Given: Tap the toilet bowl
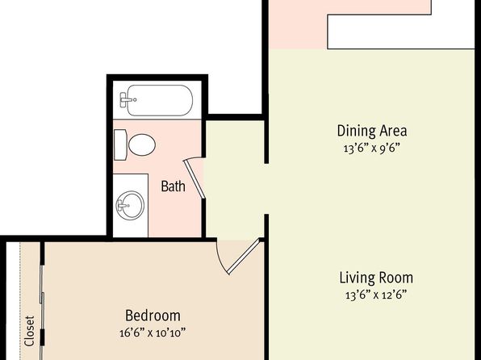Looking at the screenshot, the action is (142, 144).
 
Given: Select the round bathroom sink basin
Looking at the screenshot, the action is (130, 205).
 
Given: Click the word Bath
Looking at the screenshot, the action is (173, 186).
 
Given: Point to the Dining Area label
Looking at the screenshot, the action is (372, 131).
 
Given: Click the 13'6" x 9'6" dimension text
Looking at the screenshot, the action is (372, 149).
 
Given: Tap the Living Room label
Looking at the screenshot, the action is (376, 278).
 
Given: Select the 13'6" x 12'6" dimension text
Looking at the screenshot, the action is (376, 295).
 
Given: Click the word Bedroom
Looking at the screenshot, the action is (153, 316).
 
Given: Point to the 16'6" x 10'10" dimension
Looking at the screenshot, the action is (153, 333).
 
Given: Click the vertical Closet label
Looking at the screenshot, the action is (29, 331).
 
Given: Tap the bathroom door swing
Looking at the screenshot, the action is (194, 178).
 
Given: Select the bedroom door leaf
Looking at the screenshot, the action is (245, 257).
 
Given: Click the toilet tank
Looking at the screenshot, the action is (120, 144).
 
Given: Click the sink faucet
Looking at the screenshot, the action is (123, 205).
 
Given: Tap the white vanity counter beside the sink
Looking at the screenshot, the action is (131, 182).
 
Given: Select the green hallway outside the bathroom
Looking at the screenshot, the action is (234, 179).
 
